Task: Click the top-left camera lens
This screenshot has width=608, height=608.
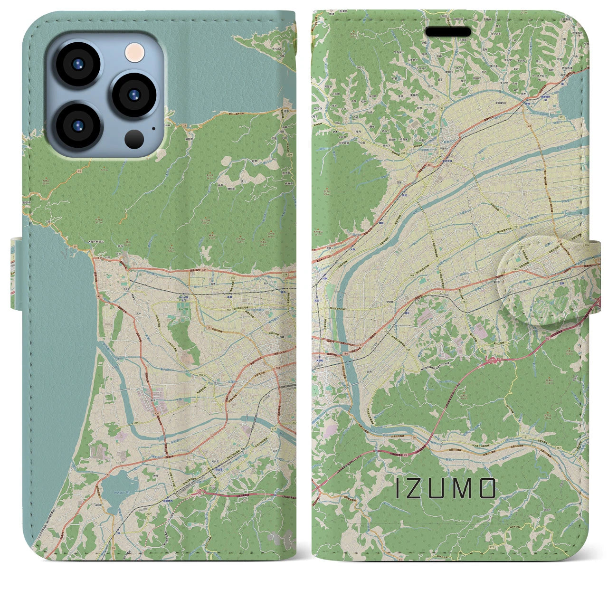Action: coord(77,65)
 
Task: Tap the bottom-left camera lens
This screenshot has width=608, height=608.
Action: coord(78,125)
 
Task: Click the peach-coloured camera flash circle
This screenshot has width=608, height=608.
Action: coord(134,51)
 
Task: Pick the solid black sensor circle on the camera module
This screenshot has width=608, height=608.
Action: coord(134,139)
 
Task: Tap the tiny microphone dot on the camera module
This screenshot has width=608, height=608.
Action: coord(153,128)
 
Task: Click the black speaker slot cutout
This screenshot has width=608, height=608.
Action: coord(448,32)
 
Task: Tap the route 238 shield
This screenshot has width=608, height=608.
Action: coord(285,275)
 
